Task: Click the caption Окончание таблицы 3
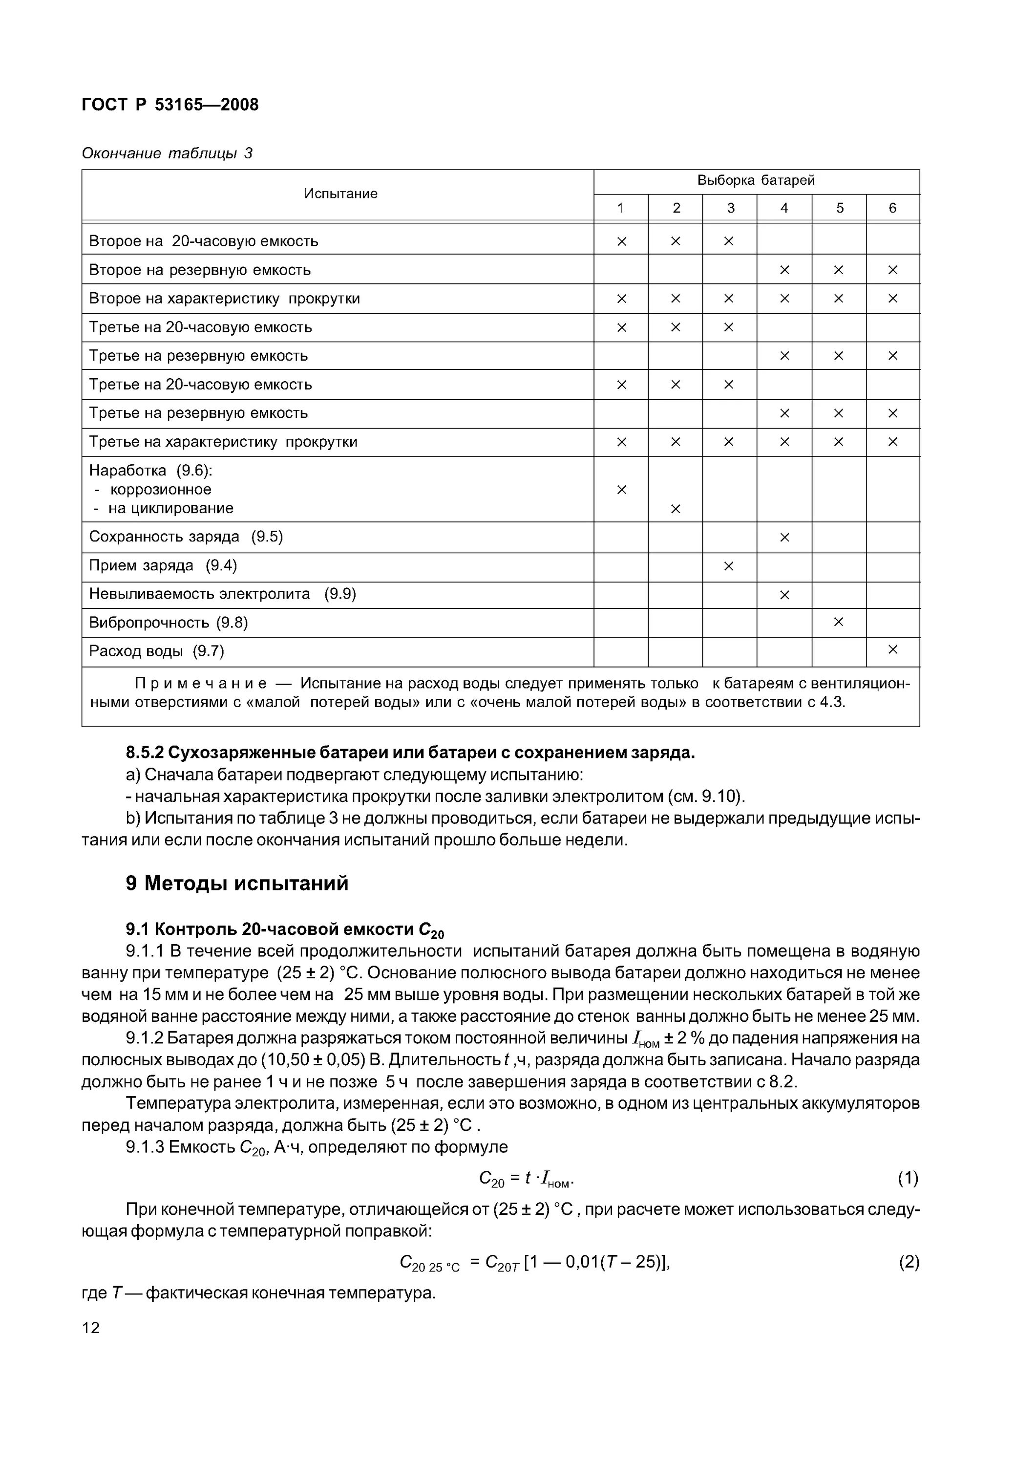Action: pos(167,153)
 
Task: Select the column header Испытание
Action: pos(340,194)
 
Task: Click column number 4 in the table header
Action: pos(784,208)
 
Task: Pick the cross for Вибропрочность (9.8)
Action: pos(838,623)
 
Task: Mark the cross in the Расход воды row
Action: pos(892,650)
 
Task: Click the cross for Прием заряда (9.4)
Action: pos(729,566)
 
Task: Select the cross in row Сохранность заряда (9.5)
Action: pos(784,538)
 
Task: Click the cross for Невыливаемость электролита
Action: pos(784,595)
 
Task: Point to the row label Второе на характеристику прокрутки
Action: pos(224,299)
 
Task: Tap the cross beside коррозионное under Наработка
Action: pos(621,490)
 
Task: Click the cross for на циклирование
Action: pos(676,509)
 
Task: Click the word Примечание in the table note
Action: pos(201,684)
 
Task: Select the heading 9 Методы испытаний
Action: pos(237,884)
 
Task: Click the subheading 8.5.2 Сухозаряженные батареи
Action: pos(410,754)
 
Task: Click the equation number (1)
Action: pos(908,1178)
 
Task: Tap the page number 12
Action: pos(91,1328)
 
